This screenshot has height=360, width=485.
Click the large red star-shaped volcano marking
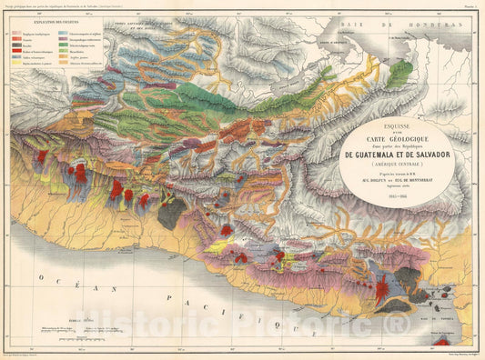coord(381,290)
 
